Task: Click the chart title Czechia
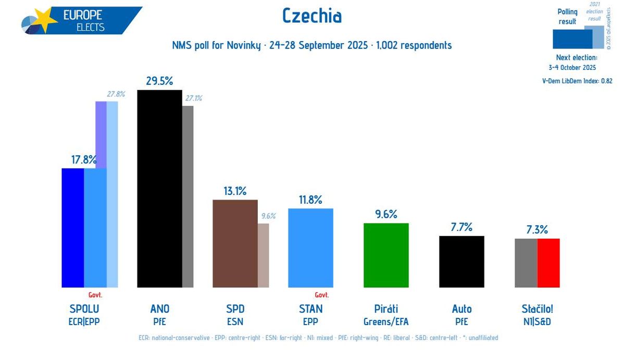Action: tap(312, 16)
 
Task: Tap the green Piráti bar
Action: tap(386, 255)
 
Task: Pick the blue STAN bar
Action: tap(310, 248)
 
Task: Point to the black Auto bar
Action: tap(461, 262)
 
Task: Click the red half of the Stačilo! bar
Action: tap(548, 263)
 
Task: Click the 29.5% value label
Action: tap(159, 81)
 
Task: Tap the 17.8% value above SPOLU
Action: tap(84, 159)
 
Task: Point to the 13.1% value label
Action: tap(235, 191)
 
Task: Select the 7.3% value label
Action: tap(537, 230)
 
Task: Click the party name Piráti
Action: tap(386, 309)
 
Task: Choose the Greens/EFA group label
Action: tap(386, 321)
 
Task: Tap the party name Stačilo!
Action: tap(537, 309)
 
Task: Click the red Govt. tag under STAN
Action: tap(322, 295)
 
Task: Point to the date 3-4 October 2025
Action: tap(572, 67)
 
